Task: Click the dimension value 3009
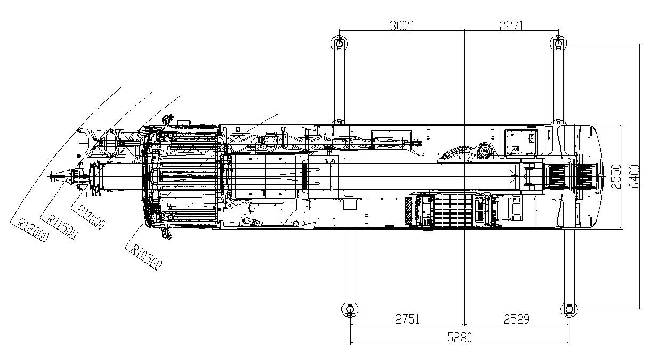pos(402,25)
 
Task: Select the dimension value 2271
pos(512,25)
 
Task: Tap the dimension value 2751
pos(407,319)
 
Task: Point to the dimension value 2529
pos(516,319)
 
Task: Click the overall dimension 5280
pos(459,337)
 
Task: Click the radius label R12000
pos(32,230)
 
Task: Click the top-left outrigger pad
pos(338,43)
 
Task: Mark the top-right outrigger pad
pos(558,43)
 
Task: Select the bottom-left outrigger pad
pos(349,309)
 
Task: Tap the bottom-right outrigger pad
pos(569,309)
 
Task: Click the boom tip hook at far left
pos(55,176)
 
